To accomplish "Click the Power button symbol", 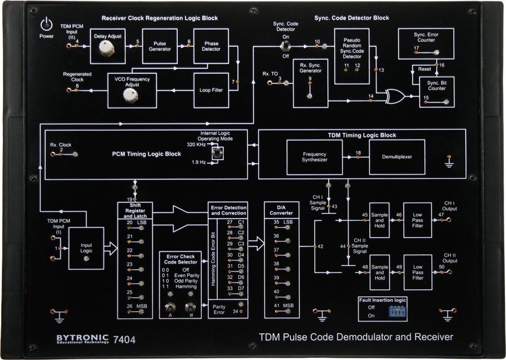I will pos(46,24).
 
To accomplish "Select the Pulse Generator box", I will pos(159,45).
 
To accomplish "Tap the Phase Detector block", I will pos(211,45).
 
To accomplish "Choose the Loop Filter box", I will pos(211,90).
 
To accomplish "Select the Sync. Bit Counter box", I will pos(436,92).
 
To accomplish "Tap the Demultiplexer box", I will pos(397,157).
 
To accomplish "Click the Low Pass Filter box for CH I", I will pos(417,220).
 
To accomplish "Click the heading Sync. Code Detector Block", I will pos(351,18).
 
